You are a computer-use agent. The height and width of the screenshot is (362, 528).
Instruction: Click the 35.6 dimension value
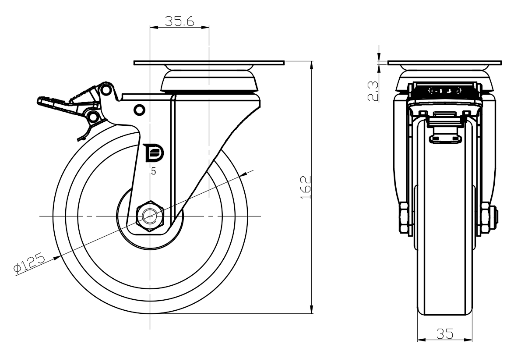tap(180, 21)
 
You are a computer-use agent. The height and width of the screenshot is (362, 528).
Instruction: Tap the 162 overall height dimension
tap(306, 188)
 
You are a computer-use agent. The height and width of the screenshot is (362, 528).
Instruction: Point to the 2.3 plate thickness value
tap(373, 91)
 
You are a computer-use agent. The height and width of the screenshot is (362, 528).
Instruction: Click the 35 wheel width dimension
tap(445, 334)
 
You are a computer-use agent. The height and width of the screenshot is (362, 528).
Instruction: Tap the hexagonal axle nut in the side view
tap(150, 216)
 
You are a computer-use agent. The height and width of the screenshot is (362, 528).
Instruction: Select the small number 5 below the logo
tap(153, 171)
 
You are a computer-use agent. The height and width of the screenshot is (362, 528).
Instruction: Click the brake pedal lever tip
tap(41, 100)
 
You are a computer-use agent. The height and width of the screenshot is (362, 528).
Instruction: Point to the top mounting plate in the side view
tap(209, 63)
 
